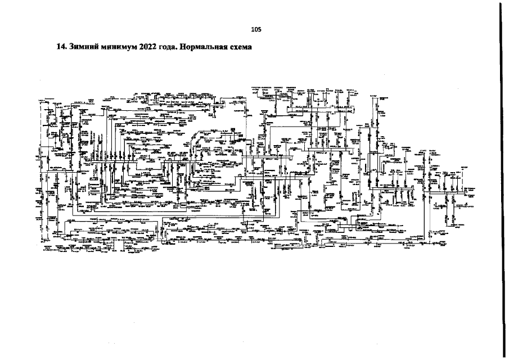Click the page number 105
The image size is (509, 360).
[x=255, y=29]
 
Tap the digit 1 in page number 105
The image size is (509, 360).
[x=253, y=29]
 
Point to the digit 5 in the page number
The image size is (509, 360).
[x=259, y=29]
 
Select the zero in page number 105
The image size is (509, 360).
[x=255, y=29]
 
